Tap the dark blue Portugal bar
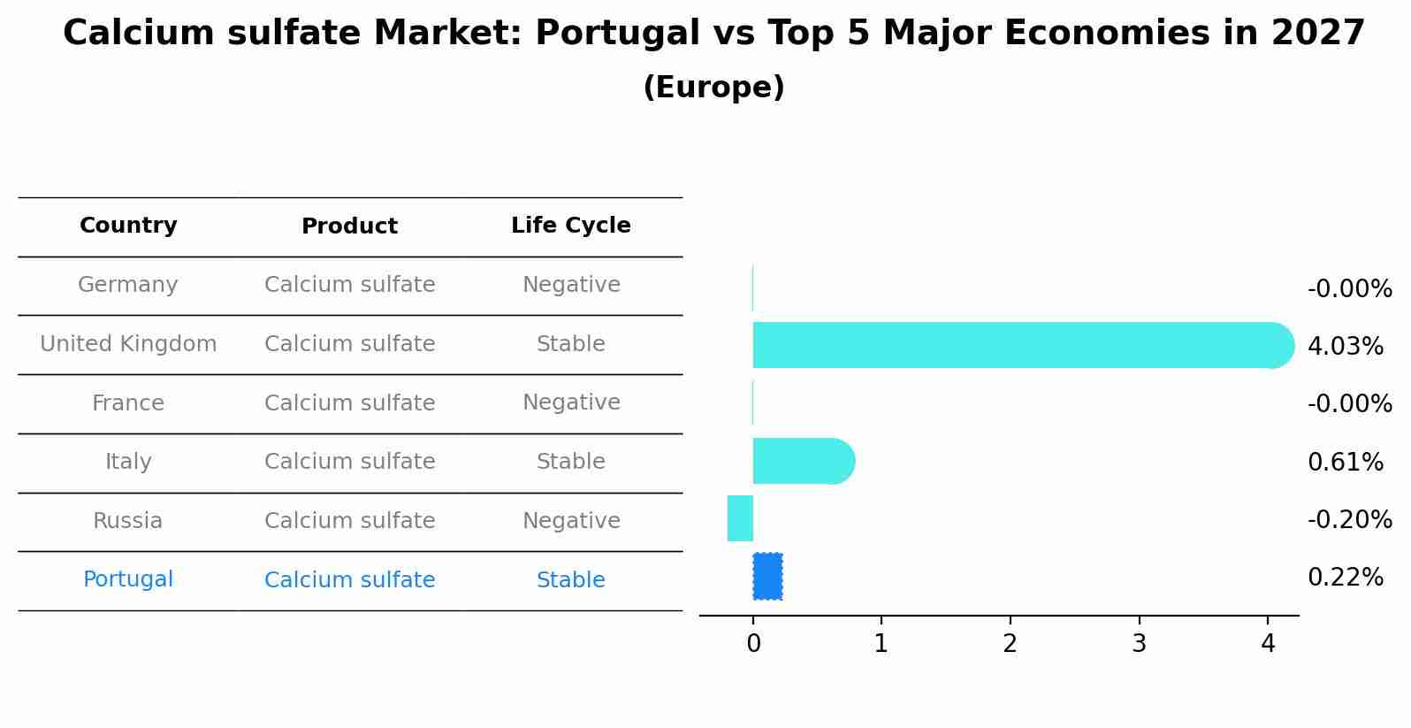pos(767,577)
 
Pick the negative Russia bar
pos(741,518)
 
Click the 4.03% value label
pos(1345,347)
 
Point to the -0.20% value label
pos(1349,520)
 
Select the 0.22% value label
pos(1345,578)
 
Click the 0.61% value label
pos(1345,463)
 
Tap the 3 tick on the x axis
pos(1139,644)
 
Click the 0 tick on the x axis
pos(753,644)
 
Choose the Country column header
pos(128,226)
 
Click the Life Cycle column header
pos(571,226)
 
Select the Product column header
pos(349,226)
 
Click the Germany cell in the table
pos(128,285)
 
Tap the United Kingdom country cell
pos(128,344)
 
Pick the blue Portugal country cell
pos(128,579)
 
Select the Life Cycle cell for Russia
pos(571,521)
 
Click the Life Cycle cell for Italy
pos(571,462)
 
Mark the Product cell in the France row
pos(349,403)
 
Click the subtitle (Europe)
pos(713,88)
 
